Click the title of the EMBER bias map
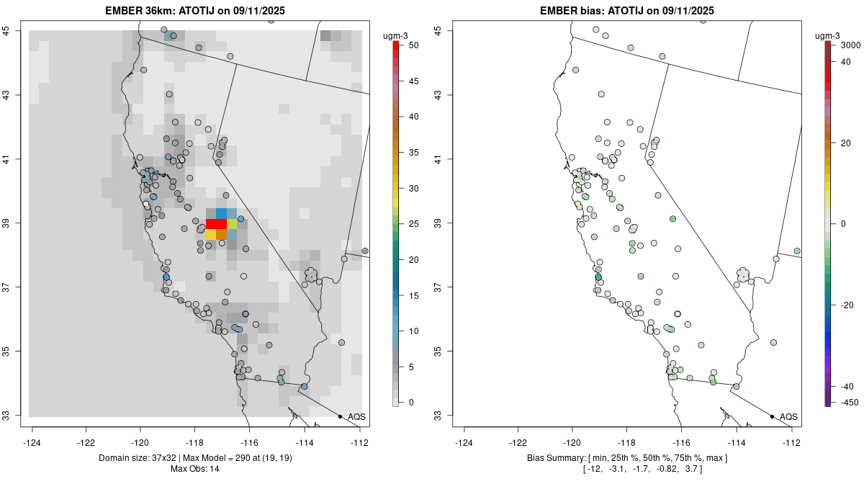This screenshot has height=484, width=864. pyautogui.click(x=626, y=10)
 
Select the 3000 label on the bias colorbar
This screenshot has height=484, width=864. pyautogui.click(x=850, y=45)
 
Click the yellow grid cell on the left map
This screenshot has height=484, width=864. pyautogui.click(x=211, y=234)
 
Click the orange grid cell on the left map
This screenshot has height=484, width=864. pyautogui.click(x=222, y=234)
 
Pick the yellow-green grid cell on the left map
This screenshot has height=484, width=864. pyautogui.click(x=232, y=224)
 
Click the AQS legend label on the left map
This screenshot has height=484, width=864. pyautogui.click(x=356, y=416)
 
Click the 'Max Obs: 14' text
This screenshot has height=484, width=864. pyautogui.click(x=195, y=469)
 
